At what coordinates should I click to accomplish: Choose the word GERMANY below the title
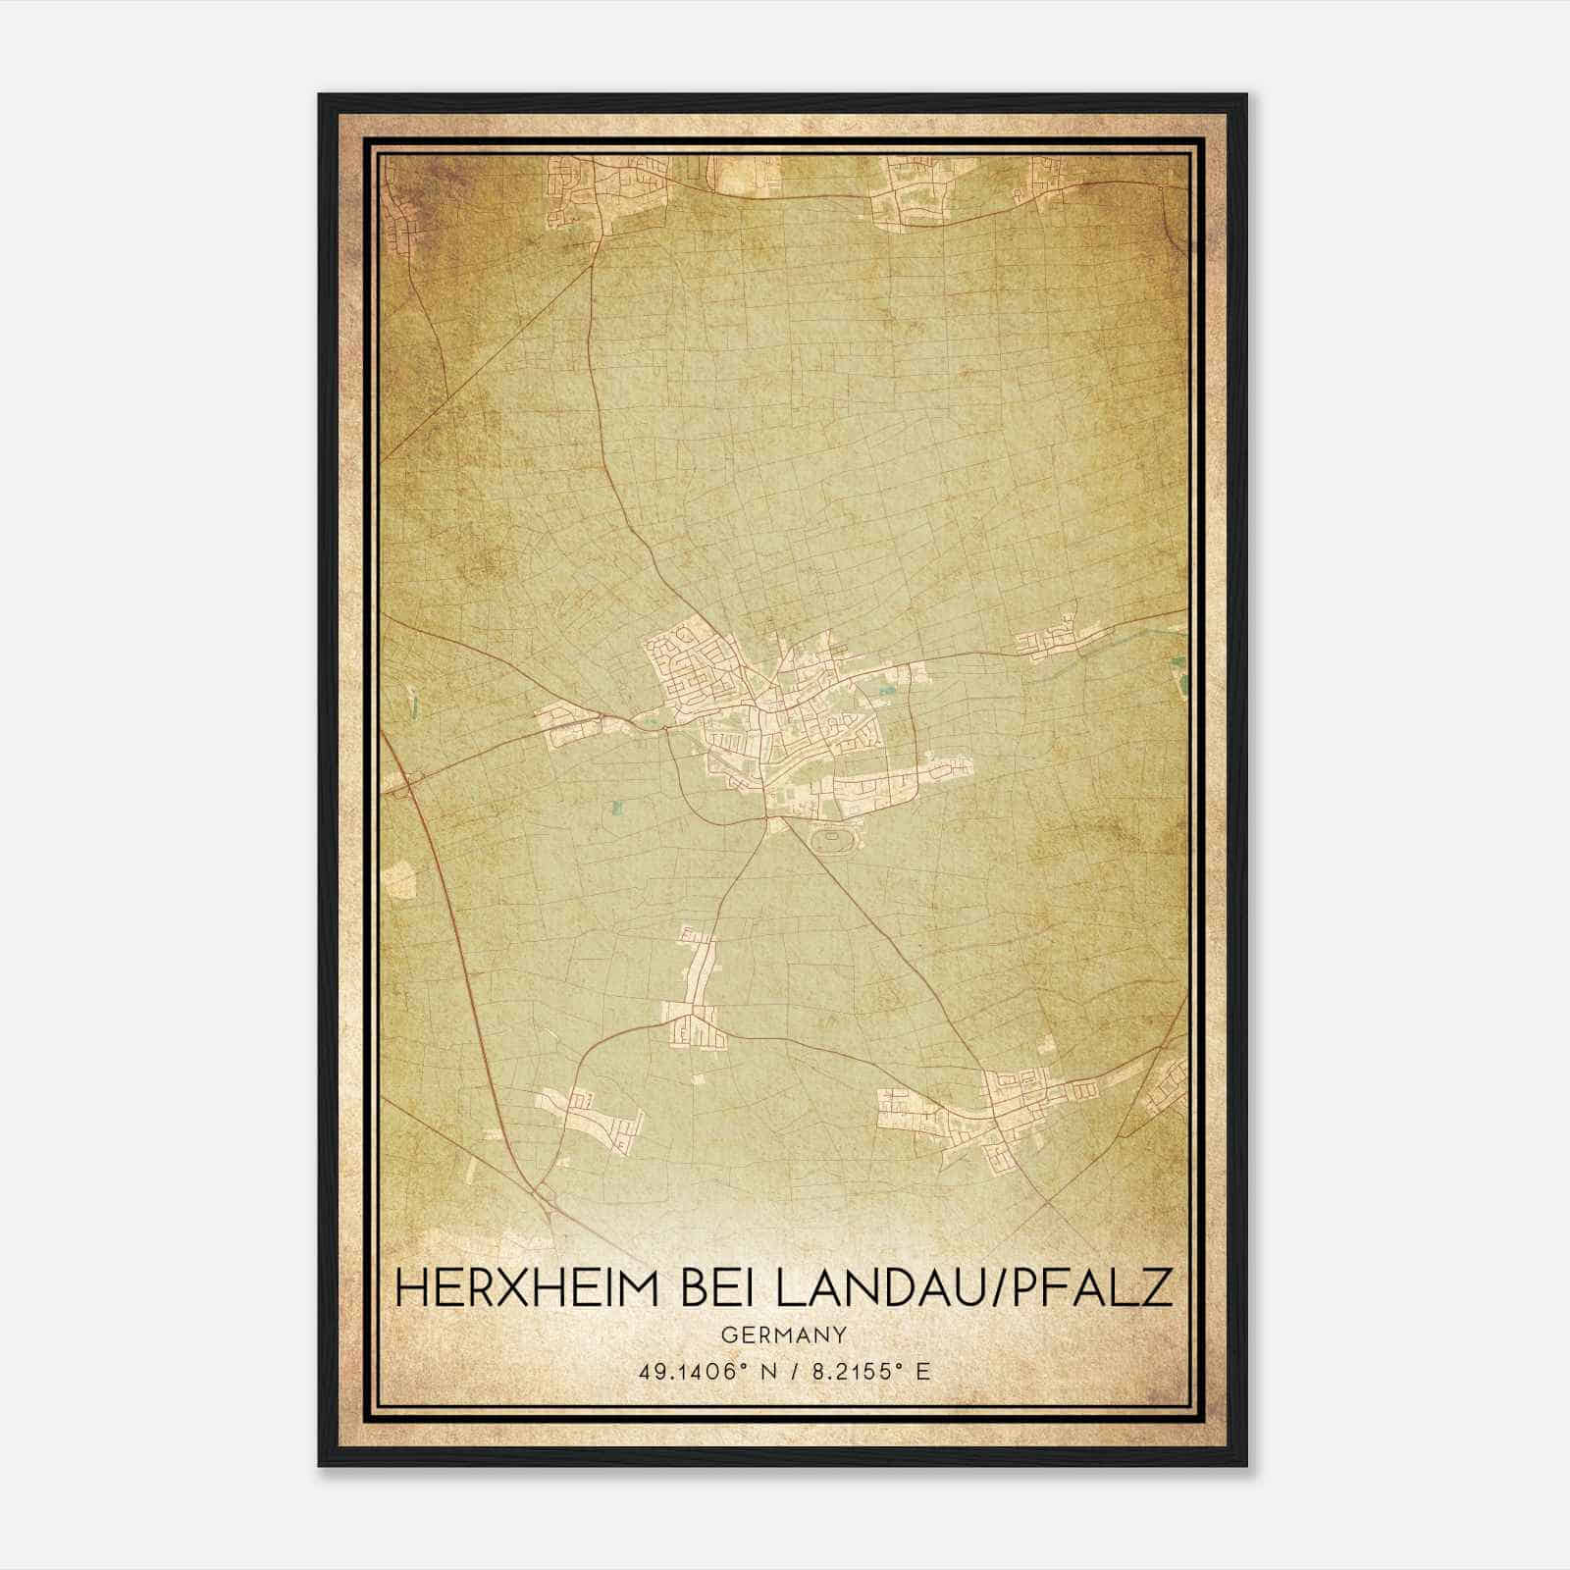coord(783,1335)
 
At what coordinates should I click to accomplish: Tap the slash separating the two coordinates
coord(795,1372)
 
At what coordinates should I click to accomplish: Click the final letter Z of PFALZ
coord(1156,1287)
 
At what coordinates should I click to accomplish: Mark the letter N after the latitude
coord(767,1372)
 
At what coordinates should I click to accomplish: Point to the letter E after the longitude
coord(921,1372)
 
